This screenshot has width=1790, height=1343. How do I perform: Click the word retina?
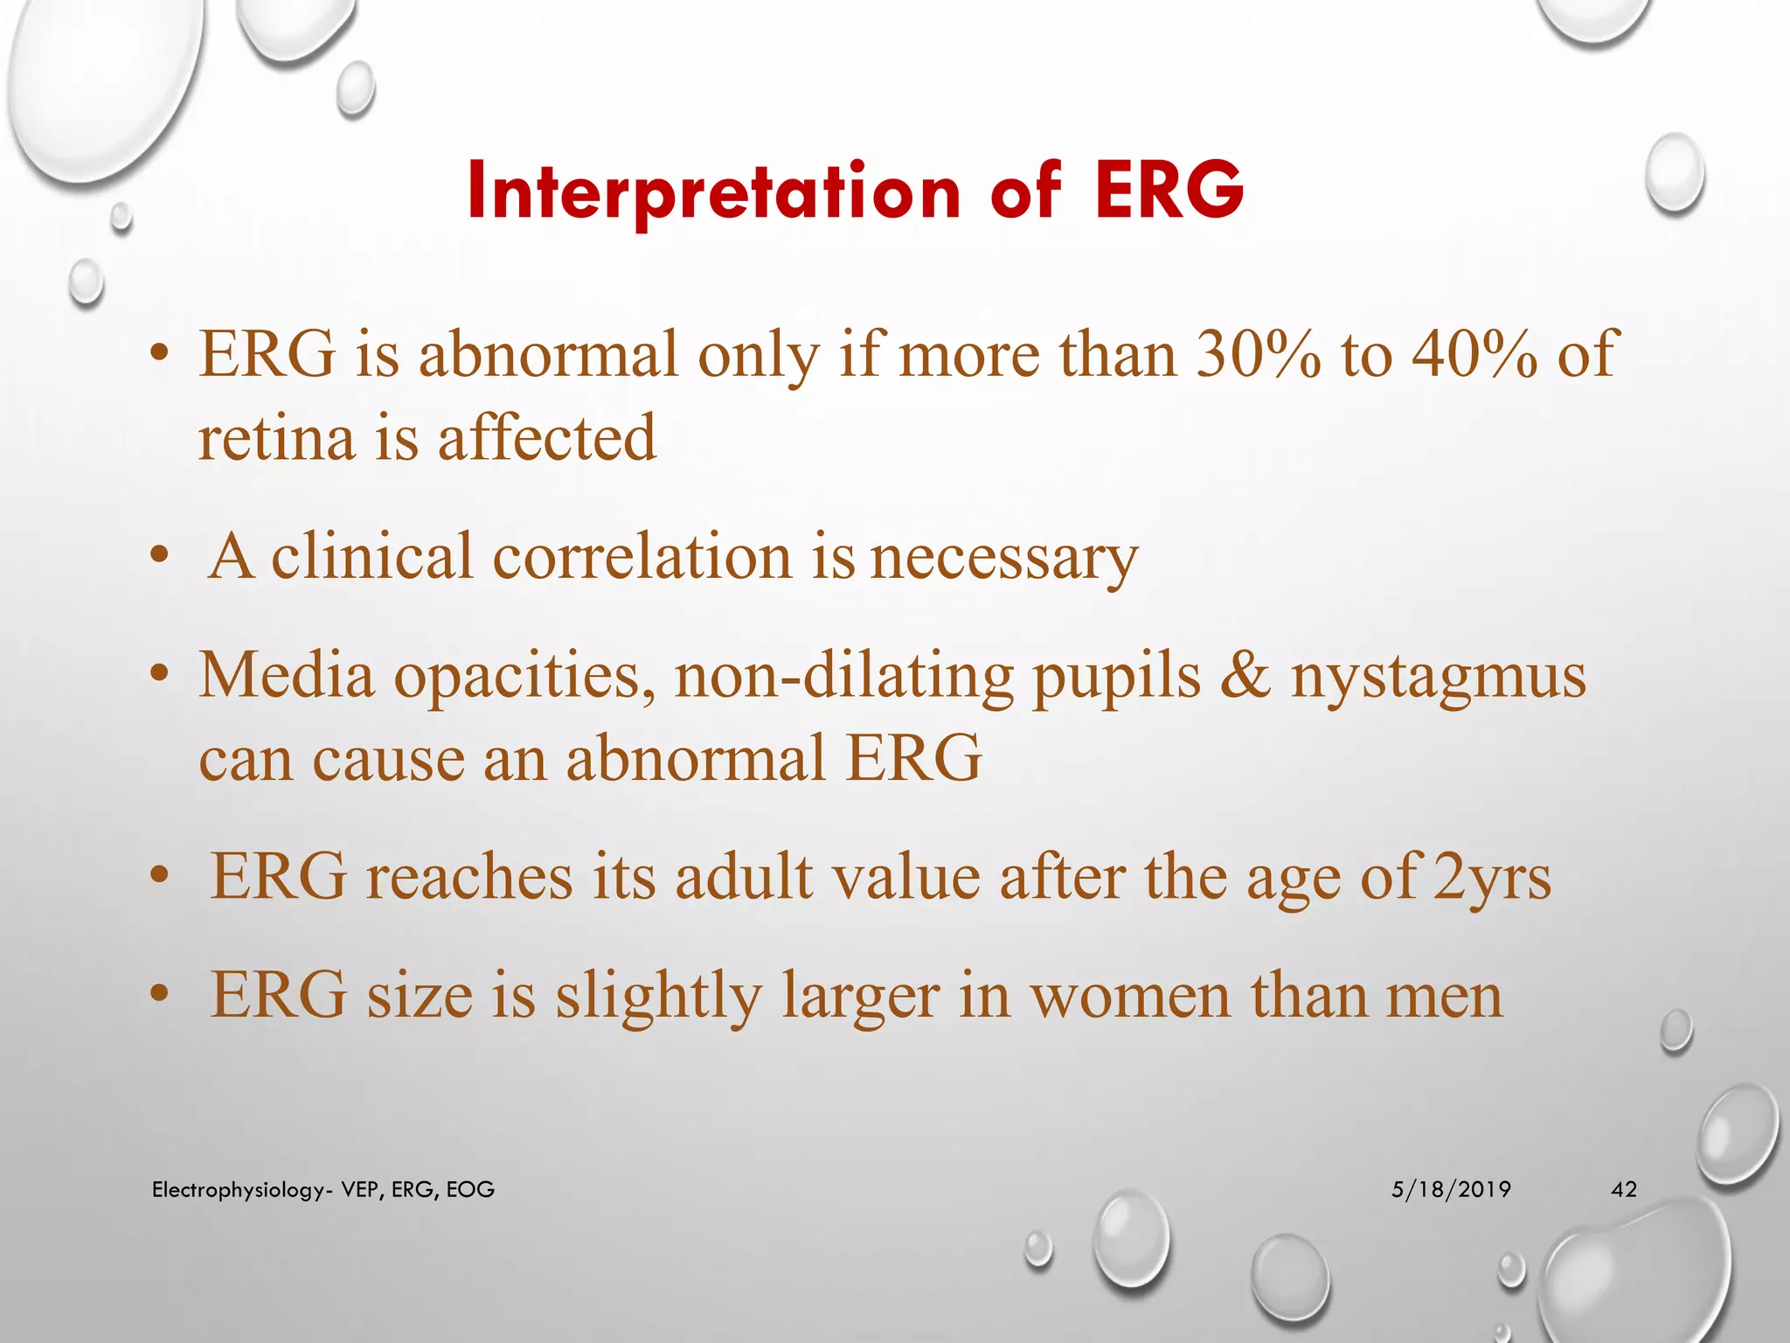(x=275, y=437)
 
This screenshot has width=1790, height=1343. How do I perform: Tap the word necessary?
(x=1003, y=558)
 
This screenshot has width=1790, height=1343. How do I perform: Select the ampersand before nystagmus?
(x=1245, y=675)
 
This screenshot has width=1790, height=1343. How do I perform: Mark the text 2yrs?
(x=1492, y=878)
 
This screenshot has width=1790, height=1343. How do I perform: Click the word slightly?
(x=659, y=997)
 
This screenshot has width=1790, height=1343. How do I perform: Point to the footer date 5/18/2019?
(x=1451, y=1189)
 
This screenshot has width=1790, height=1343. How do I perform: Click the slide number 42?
(x=1623, y=1189)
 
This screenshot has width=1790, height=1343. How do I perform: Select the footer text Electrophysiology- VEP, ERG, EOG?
(x=323, y=1189)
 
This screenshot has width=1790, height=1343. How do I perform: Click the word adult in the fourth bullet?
(x=743, y=877)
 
